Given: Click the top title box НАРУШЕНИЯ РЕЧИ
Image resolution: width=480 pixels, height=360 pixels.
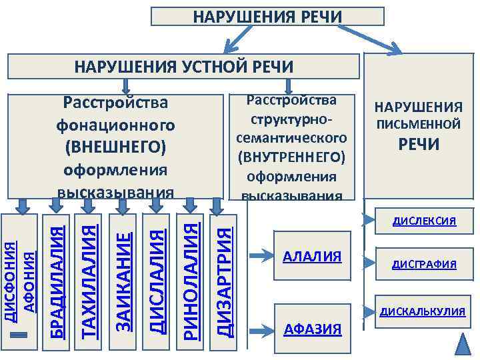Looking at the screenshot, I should (267, 16).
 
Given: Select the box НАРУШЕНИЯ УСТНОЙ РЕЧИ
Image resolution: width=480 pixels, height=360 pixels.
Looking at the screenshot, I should (183, 67).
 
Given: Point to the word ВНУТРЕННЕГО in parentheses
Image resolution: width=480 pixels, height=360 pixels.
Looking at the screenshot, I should (291, 157).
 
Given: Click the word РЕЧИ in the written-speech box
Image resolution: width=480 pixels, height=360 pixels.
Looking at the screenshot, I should (419, 145).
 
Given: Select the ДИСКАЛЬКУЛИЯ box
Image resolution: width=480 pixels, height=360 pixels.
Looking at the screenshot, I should (422, 311).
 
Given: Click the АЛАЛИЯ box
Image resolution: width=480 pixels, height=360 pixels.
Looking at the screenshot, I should (312, 257).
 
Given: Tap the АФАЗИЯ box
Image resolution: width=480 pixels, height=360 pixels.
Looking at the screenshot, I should (312, 329).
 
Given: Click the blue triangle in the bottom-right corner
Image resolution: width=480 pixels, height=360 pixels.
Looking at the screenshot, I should (464, 345).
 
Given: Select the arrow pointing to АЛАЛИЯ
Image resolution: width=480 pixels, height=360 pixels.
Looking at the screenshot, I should (257, 255).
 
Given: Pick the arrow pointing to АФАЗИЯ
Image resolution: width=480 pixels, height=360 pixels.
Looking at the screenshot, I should (257, 329).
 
